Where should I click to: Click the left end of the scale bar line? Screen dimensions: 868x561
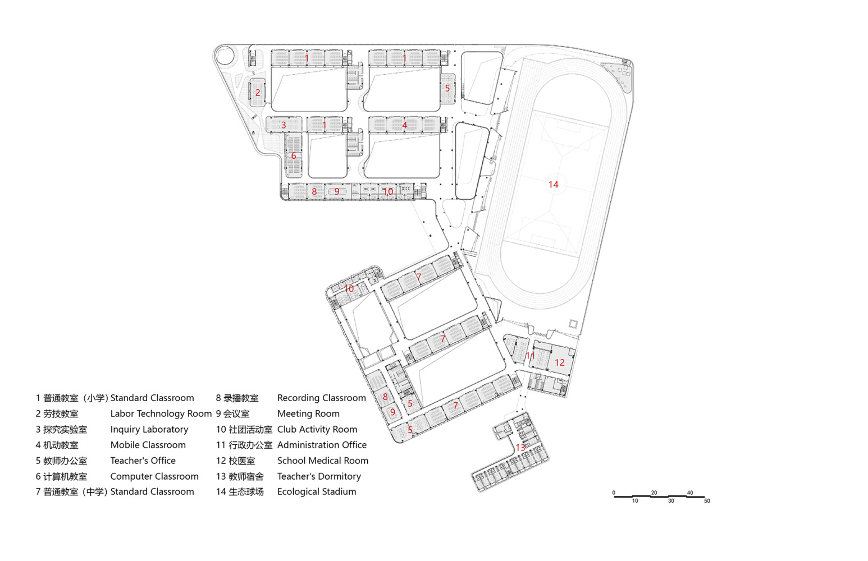tap(614, 496)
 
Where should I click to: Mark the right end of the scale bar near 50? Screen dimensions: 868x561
tap(705, 497)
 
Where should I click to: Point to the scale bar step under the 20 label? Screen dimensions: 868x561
tap(660, 496)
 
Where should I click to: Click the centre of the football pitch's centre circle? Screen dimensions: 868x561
tap(554, 185)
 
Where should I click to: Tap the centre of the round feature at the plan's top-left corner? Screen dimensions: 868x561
tap(225, 56)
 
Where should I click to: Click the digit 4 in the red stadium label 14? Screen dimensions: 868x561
tap(556, 185)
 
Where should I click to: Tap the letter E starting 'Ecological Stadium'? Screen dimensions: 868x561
tap(280, 491)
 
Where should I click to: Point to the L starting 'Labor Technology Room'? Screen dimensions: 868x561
tap(113, 413)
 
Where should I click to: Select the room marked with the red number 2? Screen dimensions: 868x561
tap(257, 93)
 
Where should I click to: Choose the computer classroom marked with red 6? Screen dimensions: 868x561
tap(293, 155)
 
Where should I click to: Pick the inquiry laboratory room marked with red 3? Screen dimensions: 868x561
tap(284, 125)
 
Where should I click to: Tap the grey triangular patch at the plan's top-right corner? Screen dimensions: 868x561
tap(619, 76)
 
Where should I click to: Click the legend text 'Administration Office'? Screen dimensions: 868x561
tap(322, 445)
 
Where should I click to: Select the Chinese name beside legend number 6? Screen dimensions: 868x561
tap(65, 476)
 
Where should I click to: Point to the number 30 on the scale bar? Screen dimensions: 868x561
tap(671, 501)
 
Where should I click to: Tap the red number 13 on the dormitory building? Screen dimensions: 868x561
tap(520, 448)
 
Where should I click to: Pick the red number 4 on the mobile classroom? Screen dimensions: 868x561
tap(405, 125)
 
